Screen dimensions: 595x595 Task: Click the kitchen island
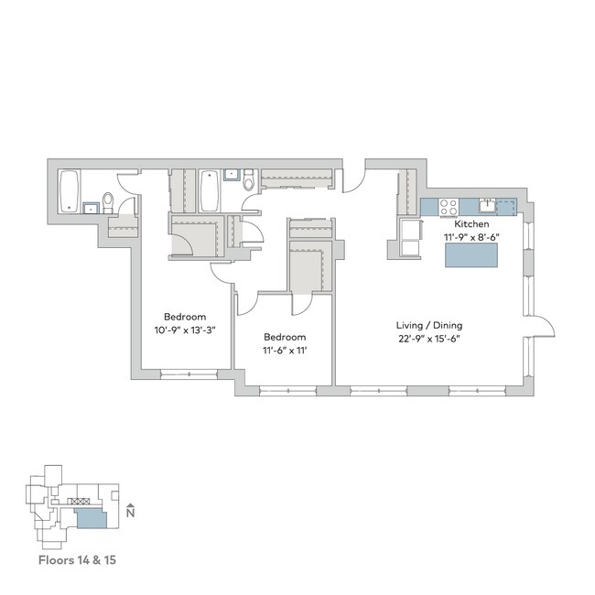click(x=471, y=255)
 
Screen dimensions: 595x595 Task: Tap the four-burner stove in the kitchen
click(x=449, y=207)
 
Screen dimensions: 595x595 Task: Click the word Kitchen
click(x=471, y=223)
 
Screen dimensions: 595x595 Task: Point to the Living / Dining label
click(x=428, y=325)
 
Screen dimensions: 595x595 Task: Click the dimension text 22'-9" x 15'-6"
click(x=428, y=340)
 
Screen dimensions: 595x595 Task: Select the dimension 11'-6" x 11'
click(x=286, y=351)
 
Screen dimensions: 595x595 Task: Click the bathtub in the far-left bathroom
click(x=70, y=190)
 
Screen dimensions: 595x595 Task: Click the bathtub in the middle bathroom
click(x=210, y=188)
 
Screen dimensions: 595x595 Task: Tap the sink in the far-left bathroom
click(x=90, y=207)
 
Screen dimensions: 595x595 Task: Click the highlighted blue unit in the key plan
click(x=92, y=520)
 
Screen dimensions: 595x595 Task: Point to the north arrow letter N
click(x=131, y=513)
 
